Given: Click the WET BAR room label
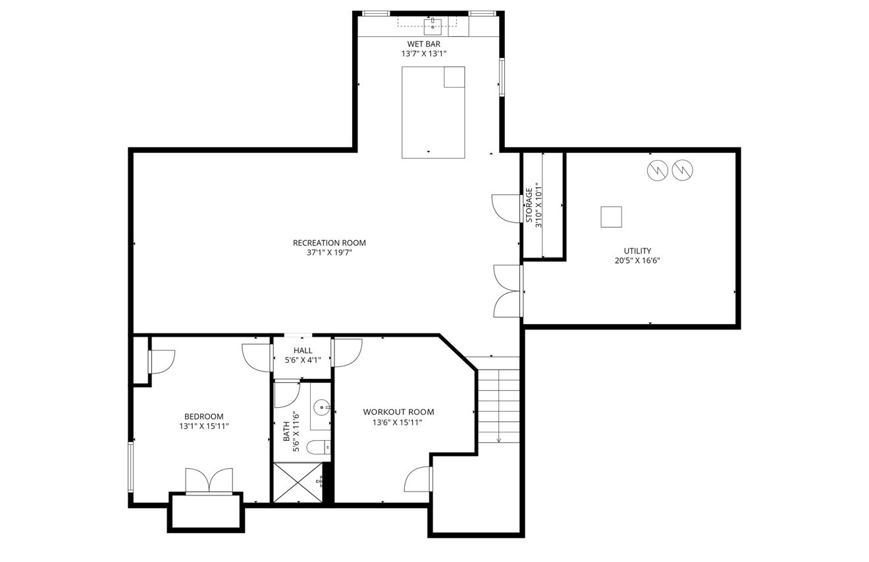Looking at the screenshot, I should pos(423,44).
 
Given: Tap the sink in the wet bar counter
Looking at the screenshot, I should pos(433,26).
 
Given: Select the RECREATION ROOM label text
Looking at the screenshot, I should pos(329,243).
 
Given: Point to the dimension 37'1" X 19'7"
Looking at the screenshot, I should pos(329,252).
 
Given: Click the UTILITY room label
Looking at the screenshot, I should pos(637,251).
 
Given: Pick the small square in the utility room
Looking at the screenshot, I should pos(611,217).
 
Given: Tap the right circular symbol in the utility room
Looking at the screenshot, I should pos(683,171).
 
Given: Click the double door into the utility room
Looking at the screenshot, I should pos(508,291).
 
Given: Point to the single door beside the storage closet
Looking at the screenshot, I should pos(506,208).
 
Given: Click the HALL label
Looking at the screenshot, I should pos(303,351).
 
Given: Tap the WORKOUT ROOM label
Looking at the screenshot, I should pos(398,412).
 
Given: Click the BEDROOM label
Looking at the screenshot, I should pos(203,416).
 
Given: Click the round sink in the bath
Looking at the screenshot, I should pos(321,408).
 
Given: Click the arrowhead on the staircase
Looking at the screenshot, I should pos(499,439).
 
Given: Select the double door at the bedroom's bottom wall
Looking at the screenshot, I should pos(209,480).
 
